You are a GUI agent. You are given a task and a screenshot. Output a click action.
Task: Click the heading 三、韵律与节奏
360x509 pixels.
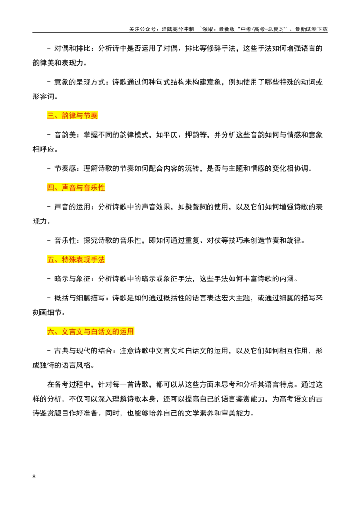click(72, 116)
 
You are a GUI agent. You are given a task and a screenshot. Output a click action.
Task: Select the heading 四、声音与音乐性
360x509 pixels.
click(76, 188)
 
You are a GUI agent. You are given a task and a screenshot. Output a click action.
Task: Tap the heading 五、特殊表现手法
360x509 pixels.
click(76, 260)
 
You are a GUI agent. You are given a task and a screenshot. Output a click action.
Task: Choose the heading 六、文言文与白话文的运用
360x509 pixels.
click(90, 332)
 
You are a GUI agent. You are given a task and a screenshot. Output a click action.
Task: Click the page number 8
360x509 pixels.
click(34, 477)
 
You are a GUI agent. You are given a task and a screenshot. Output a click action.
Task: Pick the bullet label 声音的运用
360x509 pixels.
click(72, 207)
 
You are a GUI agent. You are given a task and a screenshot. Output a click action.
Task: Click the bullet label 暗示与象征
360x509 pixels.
click(72, 279)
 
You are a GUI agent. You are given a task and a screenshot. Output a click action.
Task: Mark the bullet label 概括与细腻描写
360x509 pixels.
click(80, 298)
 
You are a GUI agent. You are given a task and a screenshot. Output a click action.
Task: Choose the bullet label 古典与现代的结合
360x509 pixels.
click(83, 351)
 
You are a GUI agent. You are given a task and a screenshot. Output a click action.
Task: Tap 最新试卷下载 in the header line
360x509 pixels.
click(311, 29)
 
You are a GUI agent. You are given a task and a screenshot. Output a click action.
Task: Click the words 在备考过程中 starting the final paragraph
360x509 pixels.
click(69, 384)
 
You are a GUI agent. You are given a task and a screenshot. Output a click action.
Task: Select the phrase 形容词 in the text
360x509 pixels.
click(43, 97)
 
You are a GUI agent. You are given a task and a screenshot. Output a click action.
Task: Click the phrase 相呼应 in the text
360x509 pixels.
click(43, 150)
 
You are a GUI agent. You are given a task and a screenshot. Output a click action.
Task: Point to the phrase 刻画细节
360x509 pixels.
click(47, 313)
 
